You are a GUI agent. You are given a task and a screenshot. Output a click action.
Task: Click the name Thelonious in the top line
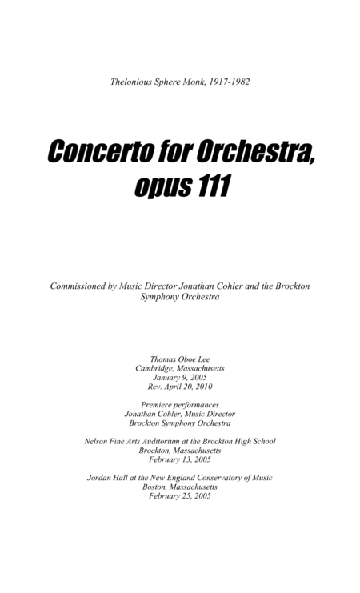click(134, 81)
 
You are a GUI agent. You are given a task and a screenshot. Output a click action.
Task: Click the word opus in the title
click(157, 188)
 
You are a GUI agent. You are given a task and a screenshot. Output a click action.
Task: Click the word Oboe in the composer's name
click(180, 359)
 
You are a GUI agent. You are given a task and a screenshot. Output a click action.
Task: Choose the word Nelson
click(98, 441)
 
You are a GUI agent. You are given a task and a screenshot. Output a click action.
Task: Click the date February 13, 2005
click(180, 459)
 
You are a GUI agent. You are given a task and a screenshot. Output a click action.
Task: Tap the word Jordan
click(100, 478)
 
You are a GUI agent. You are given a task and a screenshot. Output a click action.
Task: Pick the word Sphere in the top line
click(171, 81)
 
